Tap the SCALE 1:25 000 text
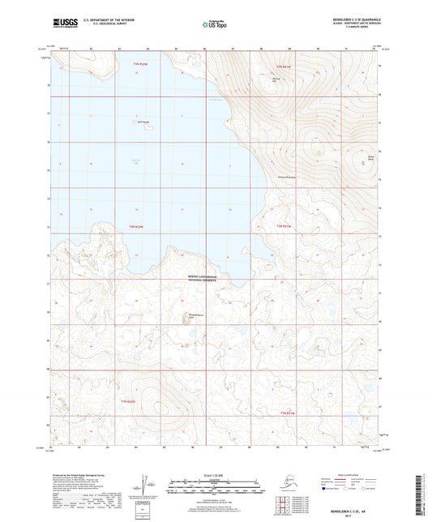pyautogui.click(x=216, y=474)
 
